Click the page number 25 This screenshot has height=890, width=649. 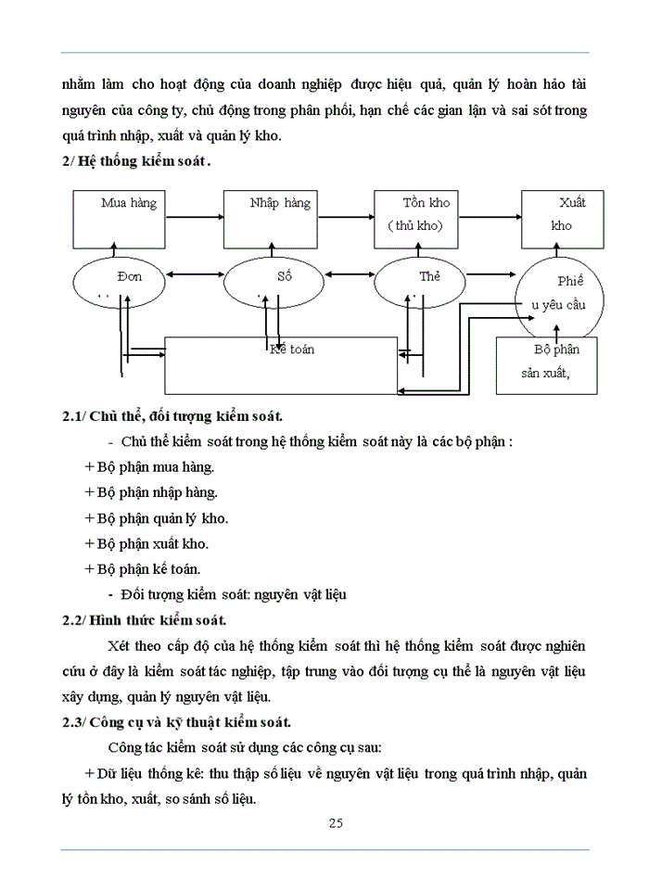point(335,822)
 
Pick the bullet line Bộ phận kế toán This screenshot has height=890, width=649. point(142,568)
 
